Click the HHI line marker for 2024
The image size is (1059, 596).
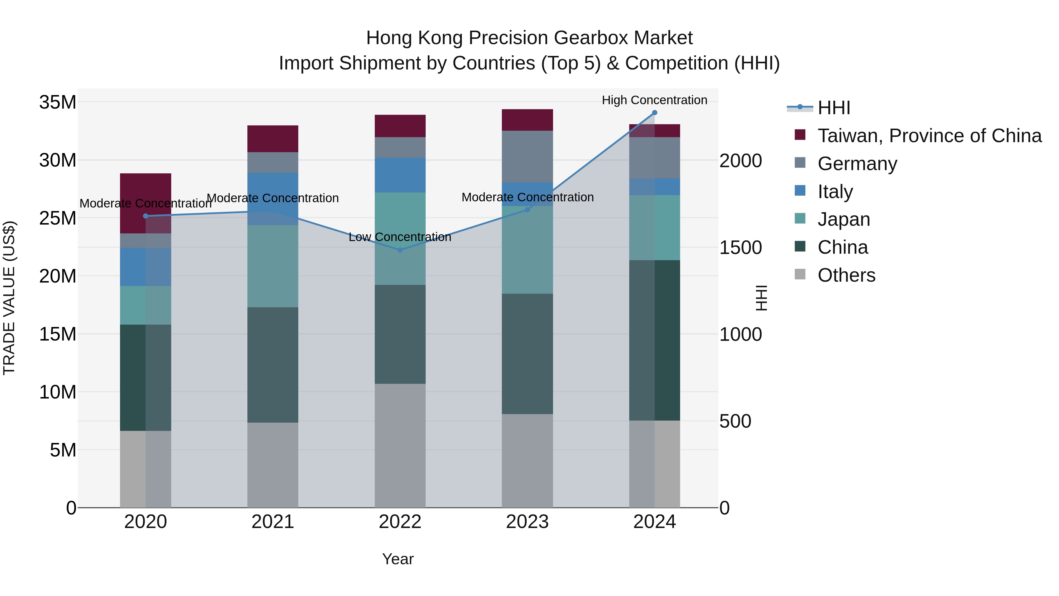[x=655, y=113]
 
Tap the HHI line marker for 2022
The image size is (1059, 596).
[x=400, y=250]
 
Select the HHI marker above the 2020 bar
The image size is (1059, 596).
[x=146, y=216]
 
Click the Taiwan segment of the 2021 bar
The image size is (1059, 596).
[x=273, y=139]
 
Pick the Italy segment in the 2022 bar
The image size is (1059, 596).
[x=400, y=175]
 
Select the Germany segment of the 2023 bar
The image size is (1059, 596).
[x=527, y=156]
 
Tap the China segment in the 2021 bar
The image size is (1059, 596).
[x=273, y=365]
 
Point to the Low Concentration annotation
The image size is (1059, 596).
[x=400, y=237]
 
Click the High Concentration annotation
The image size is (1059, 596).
[x=655, y=100]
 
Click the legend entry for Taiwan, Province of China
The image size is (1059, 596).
[x=929, y=136]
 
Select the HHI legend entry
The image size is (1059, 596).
[x=833, y=108]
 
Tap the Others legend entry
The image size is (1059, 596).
[x=846, y=275]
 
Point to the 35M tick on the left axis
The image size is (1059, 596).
[x=58, y=102]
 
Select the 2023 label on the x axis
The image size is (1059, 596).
[x=527, y=522]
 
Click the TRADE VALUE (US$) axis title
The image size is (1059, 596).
[x=9, y=298]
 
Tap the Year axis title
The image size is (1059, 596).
[x=397, y=559]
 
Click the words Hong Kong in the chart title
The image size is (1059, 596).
[x=415, y=38]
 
